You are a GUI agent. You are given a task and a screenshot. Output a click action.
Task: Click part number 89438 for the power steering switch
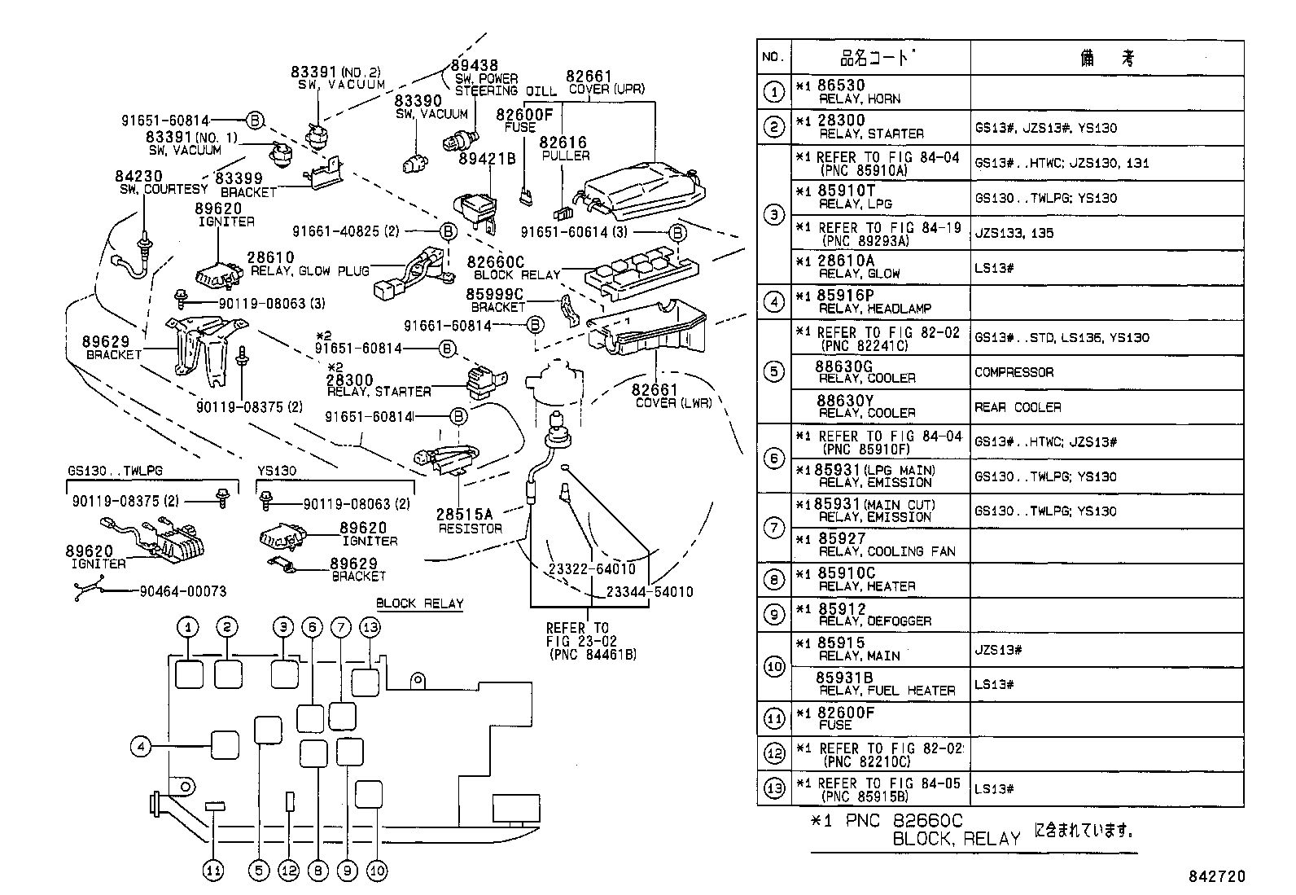coord(475,65)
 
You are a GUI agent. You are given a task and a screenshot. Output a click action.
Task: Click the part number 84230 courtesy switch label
coord(139,176)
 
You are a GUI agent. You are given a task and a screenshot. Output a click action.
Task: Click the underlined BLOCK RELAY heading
coord(420,603)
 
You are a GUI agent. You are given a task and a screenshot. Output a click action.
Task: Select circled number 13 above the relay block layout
coord(370,627)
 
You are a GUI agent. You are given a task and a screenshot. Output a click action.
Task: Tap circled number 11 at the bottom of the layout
coord(212,871)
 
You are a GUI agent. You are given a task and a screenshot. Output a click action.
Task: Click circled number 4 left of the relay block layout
coord(141,745)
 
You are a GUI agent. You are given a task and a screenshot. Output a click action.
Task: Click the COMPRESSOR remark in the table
coord(1014,372)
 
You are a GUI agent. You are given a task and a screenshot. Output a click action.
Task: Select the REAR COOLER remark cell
coord(1018,407)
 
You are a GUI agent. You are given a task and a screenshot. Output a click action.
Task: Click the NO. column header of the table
coord(773,57)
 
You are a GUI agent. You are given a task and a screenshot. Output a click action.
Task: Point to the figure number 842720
coord(1216,877)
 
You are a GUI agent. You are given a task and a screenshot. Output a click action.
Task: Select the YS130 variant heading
coord(277,471)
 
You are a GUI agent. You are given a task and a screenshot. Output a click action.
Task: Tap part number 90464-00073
coord(183,592)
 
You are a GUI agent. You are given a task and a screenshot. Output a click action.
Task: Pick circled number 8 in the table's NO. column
coord(773,580)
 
